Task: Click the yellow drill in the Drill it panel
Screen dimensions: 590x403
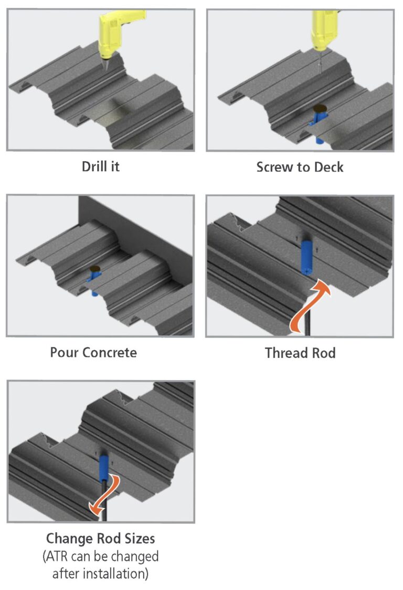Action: (x=112, y=34)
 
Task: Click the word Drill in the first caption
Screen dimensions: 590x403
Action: (x=92, y=167)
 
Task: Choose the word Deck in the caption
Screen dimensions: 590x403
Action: (x=328, y=167)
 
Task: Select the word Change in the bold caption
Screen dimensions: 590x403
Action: (x=67, y=539)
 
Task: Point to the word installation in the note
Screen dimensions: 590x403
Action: (x=113, y=573)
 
